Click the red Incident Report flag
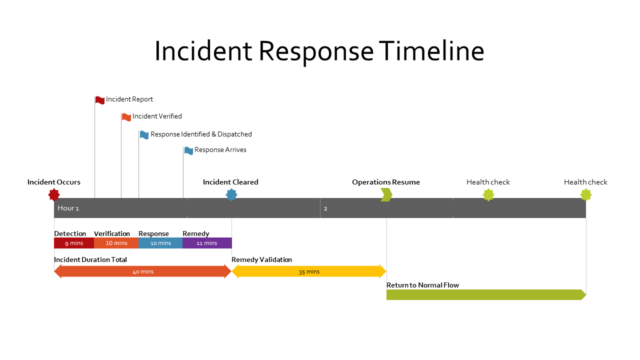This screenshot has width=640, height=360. point(100,100)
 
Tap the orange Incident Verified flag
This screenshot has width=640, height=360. point(126,117)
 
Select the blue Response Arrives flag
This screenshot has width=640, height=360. point(188,150)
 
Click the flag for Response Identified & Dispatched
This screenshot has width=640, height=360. point(144,134)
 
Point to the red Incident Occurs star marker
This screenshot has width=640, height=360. point(54,194)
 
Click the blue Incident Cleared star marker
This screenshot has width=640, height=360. point(231,194)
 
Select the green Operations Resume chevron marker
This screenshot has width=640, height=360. point(386,194)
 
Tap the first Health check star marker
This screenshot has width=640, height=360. point(488,194)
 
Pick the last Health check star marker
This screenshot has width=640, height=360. point(585,194)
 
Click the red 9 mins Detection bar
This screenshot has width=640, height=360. point(74,243)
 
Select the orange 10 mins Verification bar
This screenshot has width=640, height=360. point(116,243)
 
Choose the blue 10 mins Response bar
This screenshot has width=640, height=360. point(160,243)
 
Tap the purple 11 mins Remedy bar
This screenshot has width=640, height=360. point(207,243)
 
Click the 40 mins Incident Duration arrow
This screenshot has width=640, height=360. point(142,271)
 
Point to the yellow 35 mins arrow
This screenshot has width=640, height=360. point(309,271)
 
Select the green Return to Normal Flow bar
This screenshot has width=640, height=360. point(485,294)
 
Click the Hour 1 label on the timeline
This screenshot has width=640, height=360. point(68,208)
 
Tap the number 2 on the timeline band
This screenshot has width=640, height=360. point(325,208)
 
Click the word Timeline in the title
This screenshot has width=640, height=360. point(431,51)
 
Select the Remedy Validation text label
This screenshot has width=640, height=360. point(261,259)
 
